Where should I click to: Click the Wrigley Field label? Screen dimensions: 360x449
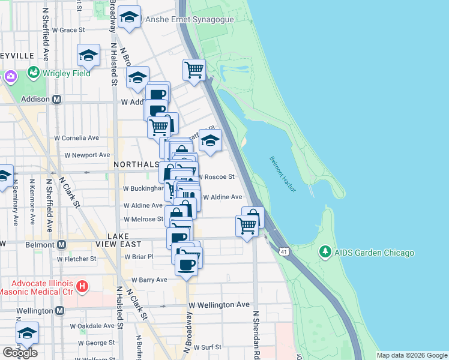[x=66, y=73]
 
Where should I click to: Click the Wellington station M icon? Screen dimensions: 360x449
[x=59, y=311]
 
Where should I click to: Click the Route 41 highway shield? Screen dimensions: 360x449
[x=283, y=250]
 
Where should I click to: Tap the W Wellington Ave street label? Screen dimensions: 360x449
[x=218, y=305]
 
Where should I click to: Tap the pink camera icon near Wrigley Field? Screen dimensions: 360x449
[x=10, y=77]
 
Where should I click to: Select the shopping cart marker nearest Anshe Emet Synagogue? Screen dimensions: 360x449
[x=194, y=70]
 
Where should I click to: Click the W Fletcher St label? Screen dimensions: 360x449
[x=76, y=259]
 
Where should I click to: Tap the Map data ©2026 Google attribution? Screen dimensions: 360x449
[x=412, y=355]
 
